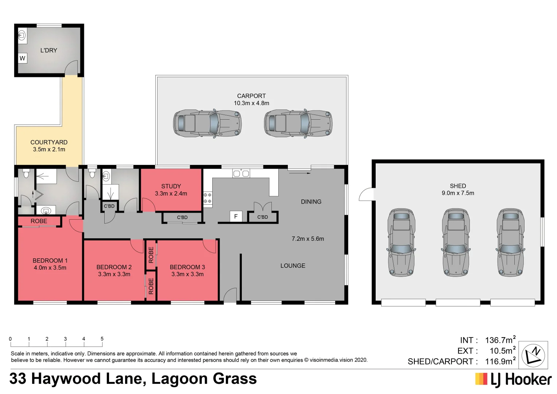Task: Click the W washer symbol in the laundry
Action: coord(23,58)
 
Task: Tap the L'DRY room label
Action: coord(49,50)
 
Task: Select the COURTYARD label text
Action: coord(49,142)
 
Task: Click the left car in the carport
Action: coord(207,123)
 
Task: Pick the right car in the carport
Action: coord(298,123)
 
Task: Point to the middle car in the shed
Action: coord(456,242)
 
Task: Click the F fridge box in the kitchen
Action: coord(236,216)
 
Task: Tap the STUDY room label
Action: coord(171,186)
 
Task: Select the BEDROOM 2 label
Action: coord(114,267)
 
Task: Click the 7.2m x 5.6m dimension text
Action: coord(307,239)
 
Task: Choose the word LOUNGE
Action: coord(293,266)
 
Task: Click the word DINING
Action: coord(311,201)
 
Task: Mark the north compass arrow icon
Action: coord(533,355)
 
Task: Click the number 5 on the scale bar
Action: coord(102,339)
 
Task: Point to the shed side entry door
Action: coord(366,194)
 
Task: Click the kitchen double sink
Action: coord(241,173)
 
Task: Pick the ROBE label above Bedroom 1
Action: coord(39,221)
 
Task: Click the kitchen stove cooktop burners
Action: coord(207,198)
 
